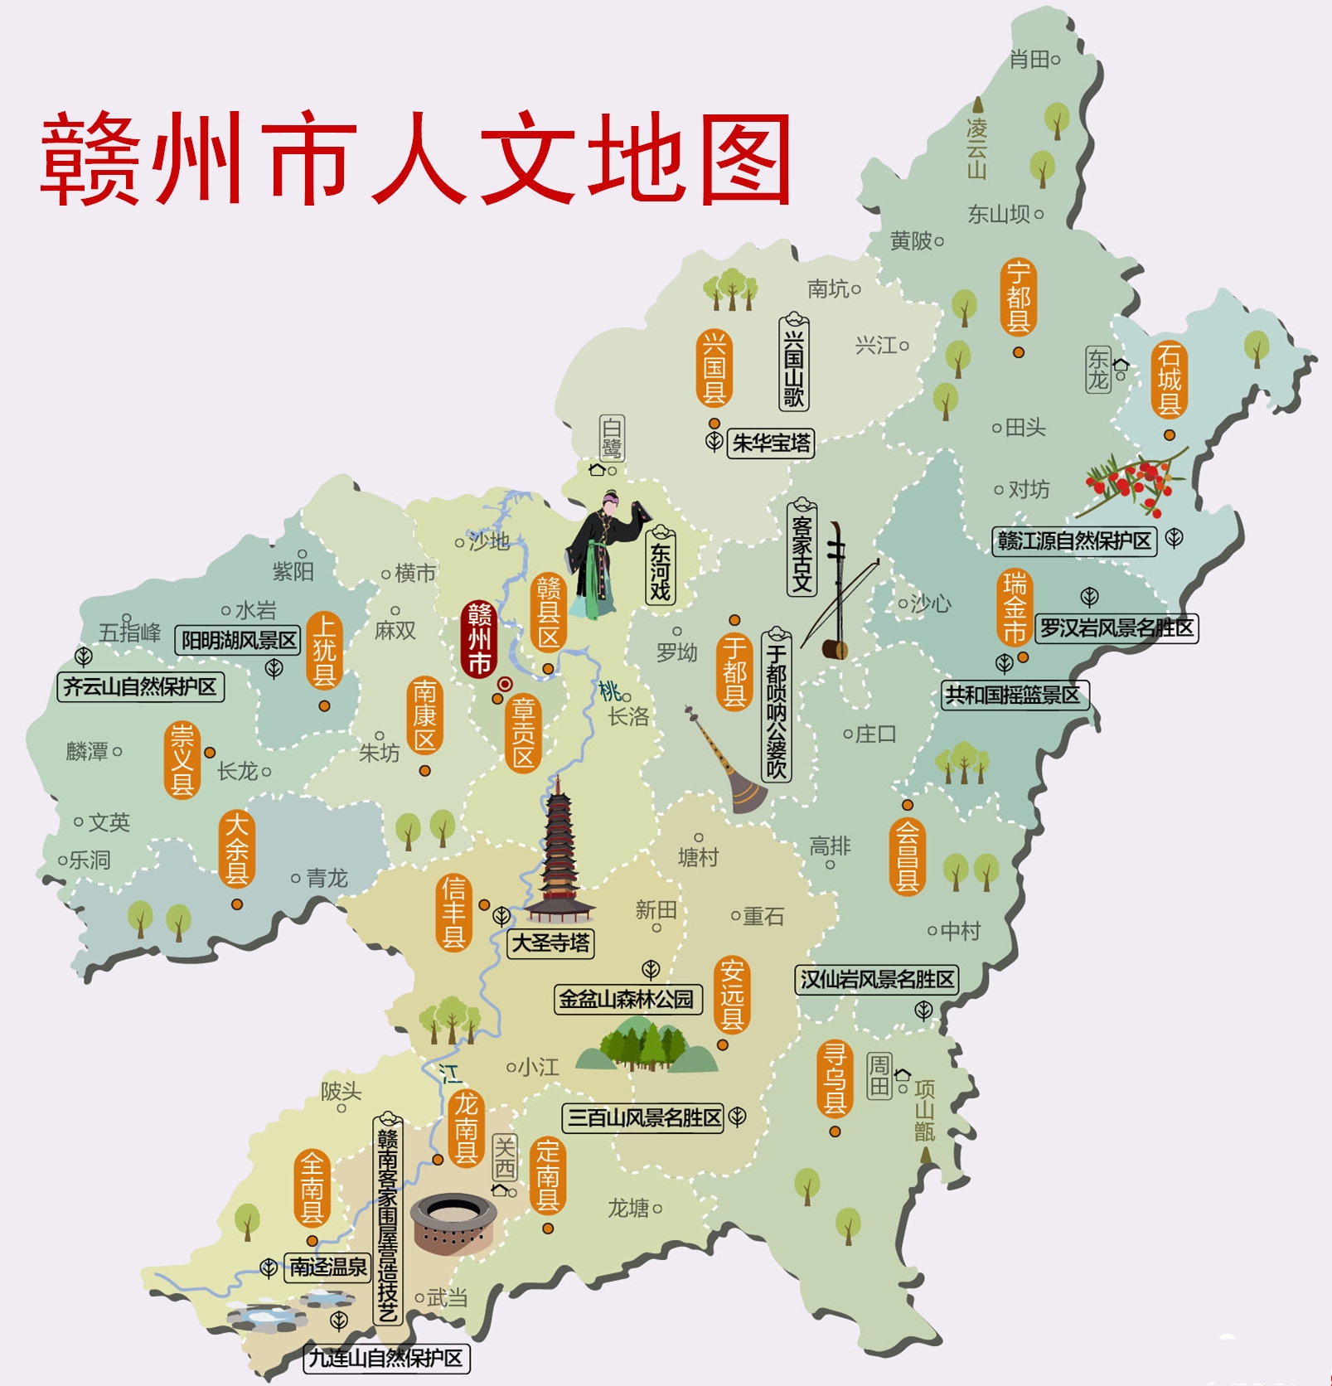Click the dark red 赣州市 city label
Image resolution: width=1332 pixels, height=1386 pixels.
479,639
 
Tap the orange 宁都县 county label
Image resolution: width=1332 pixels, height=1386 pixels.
1018,297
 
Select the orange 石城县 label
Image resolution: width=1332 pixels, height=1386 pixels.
1169,380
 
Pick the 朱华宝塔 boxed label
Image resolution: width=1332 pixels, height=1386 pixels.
771,443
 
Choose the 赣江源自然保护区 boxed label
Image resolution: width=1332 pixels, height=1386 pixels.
1074,541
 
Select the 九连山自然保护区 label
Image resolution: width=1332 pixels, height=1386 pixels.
386,1359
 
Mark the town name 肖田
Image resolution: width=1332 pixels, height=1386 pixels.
1029,59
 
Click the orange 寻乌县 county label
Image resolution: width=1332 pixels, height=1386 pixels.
835,1079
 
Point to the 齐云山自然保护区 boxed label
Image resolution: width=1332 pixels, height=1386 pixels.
140,686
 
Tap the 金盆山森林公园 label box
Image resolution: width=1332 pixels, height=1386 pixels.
627,999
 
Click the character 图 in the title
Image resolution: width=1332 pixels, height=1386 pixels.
745,161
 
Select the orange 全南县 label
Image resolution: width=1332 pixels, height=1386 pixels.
312,1189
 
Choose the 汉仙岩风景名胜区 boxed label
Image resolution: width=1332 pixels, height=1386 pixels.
876,980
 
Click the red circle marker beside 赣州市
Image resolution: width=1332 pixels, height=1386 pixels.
505,684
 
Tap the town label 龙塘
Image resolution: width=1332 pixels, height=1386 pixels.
628,1208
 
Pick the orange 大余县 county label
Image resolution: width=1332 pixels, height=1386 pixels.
236,849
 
